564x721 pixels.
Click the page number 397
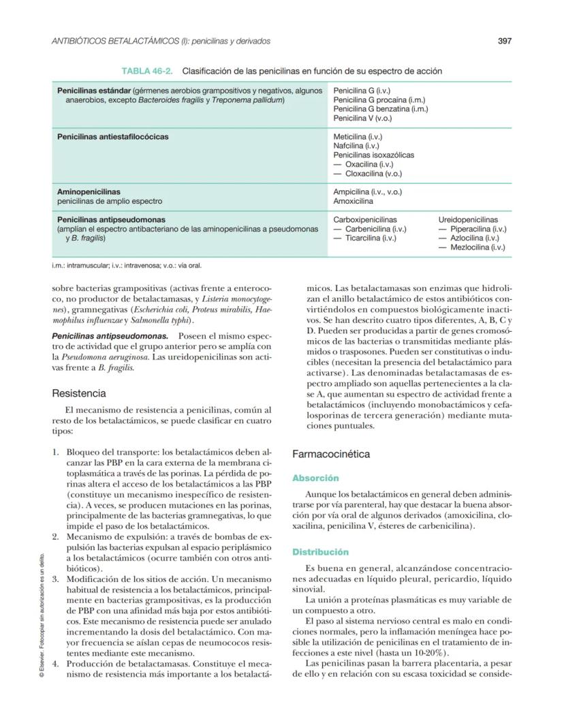tap(504, 41)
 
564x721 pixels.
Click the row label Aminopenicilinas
tap(89, 192)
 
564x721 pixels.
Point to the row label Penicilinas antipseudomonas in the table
tap(111, 220)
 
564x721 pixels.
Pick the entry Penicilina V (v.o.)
tap(362, 118)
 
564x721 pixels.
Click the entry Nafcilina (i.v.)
tap(356, 146)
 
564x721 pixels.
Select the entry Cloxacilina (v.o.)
tap(374, 173)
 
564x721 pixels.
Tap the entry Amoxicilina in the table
tap(353, 202)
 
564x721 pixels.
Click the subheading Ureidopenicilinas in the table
tap(468, 220)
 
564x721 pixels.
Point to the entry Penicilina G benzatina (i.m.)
tap(381, 108)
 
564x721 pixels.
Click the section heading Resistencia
tap(79, 393)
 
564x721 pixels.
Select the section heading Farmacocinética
tap(331, 454)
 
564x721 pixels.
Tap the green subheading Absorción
tap(315, 478)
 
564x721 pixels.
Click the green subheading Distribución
tap(320, 552)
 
